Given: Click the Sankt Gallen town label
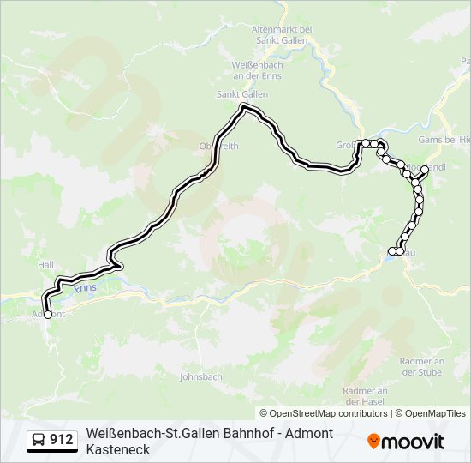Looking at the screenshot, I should coord(236,93).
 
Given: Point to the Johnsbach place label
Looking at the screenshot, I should coord(200,376).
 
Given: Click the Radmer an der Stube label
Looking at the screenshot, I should coord(420,367).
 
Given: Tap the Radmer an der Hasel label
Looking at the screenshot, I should coord(366,396).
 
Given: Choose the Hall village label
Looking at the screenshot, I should coord(45,266).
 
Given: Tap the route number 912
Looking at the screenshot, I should coord(61,440).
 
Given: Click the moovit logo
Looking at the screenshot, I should coord(406,441).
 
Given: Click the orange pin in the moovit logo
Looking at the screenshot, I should coord(373,441).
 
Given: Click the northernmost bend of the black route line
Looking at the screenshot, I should coord(246,107).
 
